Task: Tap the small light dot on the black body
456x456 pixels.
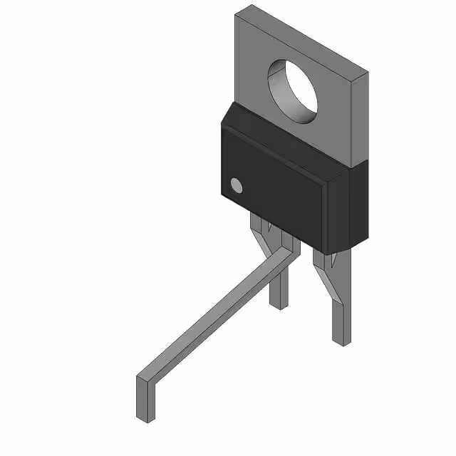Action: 236,187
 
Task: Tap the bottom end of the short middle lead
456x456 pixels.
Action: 280,305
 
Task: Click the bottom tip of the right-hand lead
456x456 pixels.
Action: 341,343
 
